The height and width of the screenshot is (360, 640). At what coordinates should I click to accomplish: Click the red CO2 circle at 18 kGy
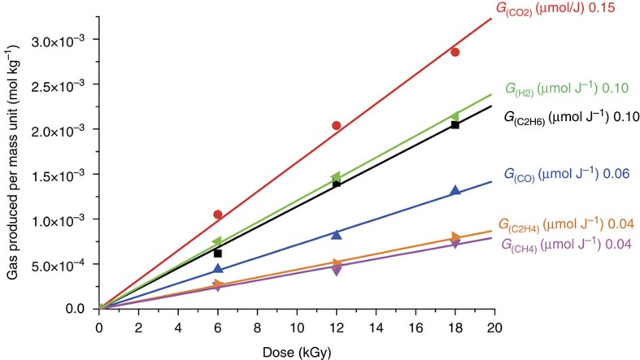[455, 52]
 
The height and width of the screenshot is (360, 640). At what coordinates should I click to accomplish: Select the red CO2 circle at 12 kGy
[337, 126]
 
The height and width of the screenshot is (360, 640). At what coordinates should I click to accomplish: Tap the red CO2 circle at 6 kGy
[218, 215]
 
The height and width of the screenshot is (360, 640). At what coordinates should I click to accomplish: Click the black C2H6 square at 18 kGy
[455, 125]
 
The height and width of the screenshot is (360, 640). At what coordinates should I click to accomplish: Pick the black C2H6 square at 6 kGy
[218, 254]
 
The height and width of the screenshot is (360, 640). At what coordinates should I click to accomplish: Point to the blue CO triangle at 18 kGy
[455, 191]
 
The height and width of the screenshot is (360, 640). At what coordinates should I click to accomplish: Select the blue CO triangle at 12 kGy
[337, 234]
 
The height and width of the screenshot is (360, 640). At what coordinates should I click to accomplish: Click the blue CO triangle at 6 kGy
[218, 269]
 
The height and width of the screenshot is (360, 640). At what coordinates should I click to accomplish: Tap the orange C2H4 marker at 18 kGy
[456, 237]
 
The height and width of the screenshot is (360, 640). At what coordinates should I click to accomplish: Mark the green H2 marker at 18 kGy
[455, 116]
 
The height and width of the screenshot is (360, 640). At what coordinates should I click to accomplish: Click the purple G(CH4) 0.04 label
[570, 245]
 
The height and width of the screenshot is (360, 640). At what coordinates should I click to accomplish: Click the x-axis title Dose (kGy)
[296, 351]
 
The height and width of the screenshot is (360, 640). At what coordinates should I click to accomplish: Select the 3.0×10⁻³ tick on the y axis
[60, 40]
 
